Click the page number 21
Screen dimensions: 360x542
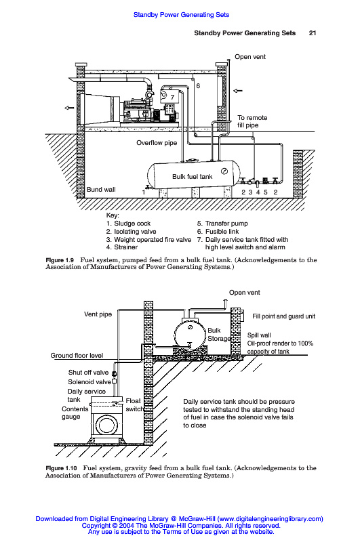click(x=313, y=33)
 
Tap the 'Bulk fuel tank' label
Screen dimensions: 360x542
click(x=193, y=177)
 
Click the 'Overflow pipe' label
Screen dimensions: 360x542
click(x=157, y=143)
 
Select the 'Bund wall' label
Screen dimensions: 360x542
click(x=101, y=190)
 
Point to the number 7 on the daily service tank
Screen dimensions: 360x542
click(x=172, y=97)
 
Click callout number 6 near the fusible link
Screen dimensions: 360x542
click(x=198, y=86)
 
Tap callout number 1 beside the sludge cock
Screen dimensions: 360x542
click(x=144, y=192)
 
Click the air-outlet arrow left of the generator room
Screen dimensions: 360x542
click(x=70, y=108)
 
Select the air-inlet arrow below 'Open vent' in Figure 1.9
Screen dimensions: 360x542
click(x=237, y=91)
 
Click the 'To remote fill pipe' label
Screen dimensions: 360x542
click(x=252, y=121)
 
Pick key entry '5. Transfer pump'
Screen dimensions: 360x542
click(x=222, y=224)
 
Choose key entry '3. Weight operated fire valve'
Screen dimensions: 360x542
click(x=148, y=240)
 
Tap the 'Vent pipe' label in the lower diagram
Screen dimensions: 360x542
click(x=98, y=314)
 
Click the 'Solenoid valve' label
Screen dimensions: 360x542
click(x=89, y=382)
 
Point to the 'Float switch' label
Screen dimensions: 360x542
click(x=134, y=404)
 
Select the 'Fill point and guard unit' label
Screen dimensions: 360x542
click(x=283, y=316)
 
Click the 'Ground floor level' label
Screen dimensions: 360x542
click(x=77, y=355)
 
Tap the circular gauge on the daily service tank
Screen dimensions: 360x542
click(x=107, y=425)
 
